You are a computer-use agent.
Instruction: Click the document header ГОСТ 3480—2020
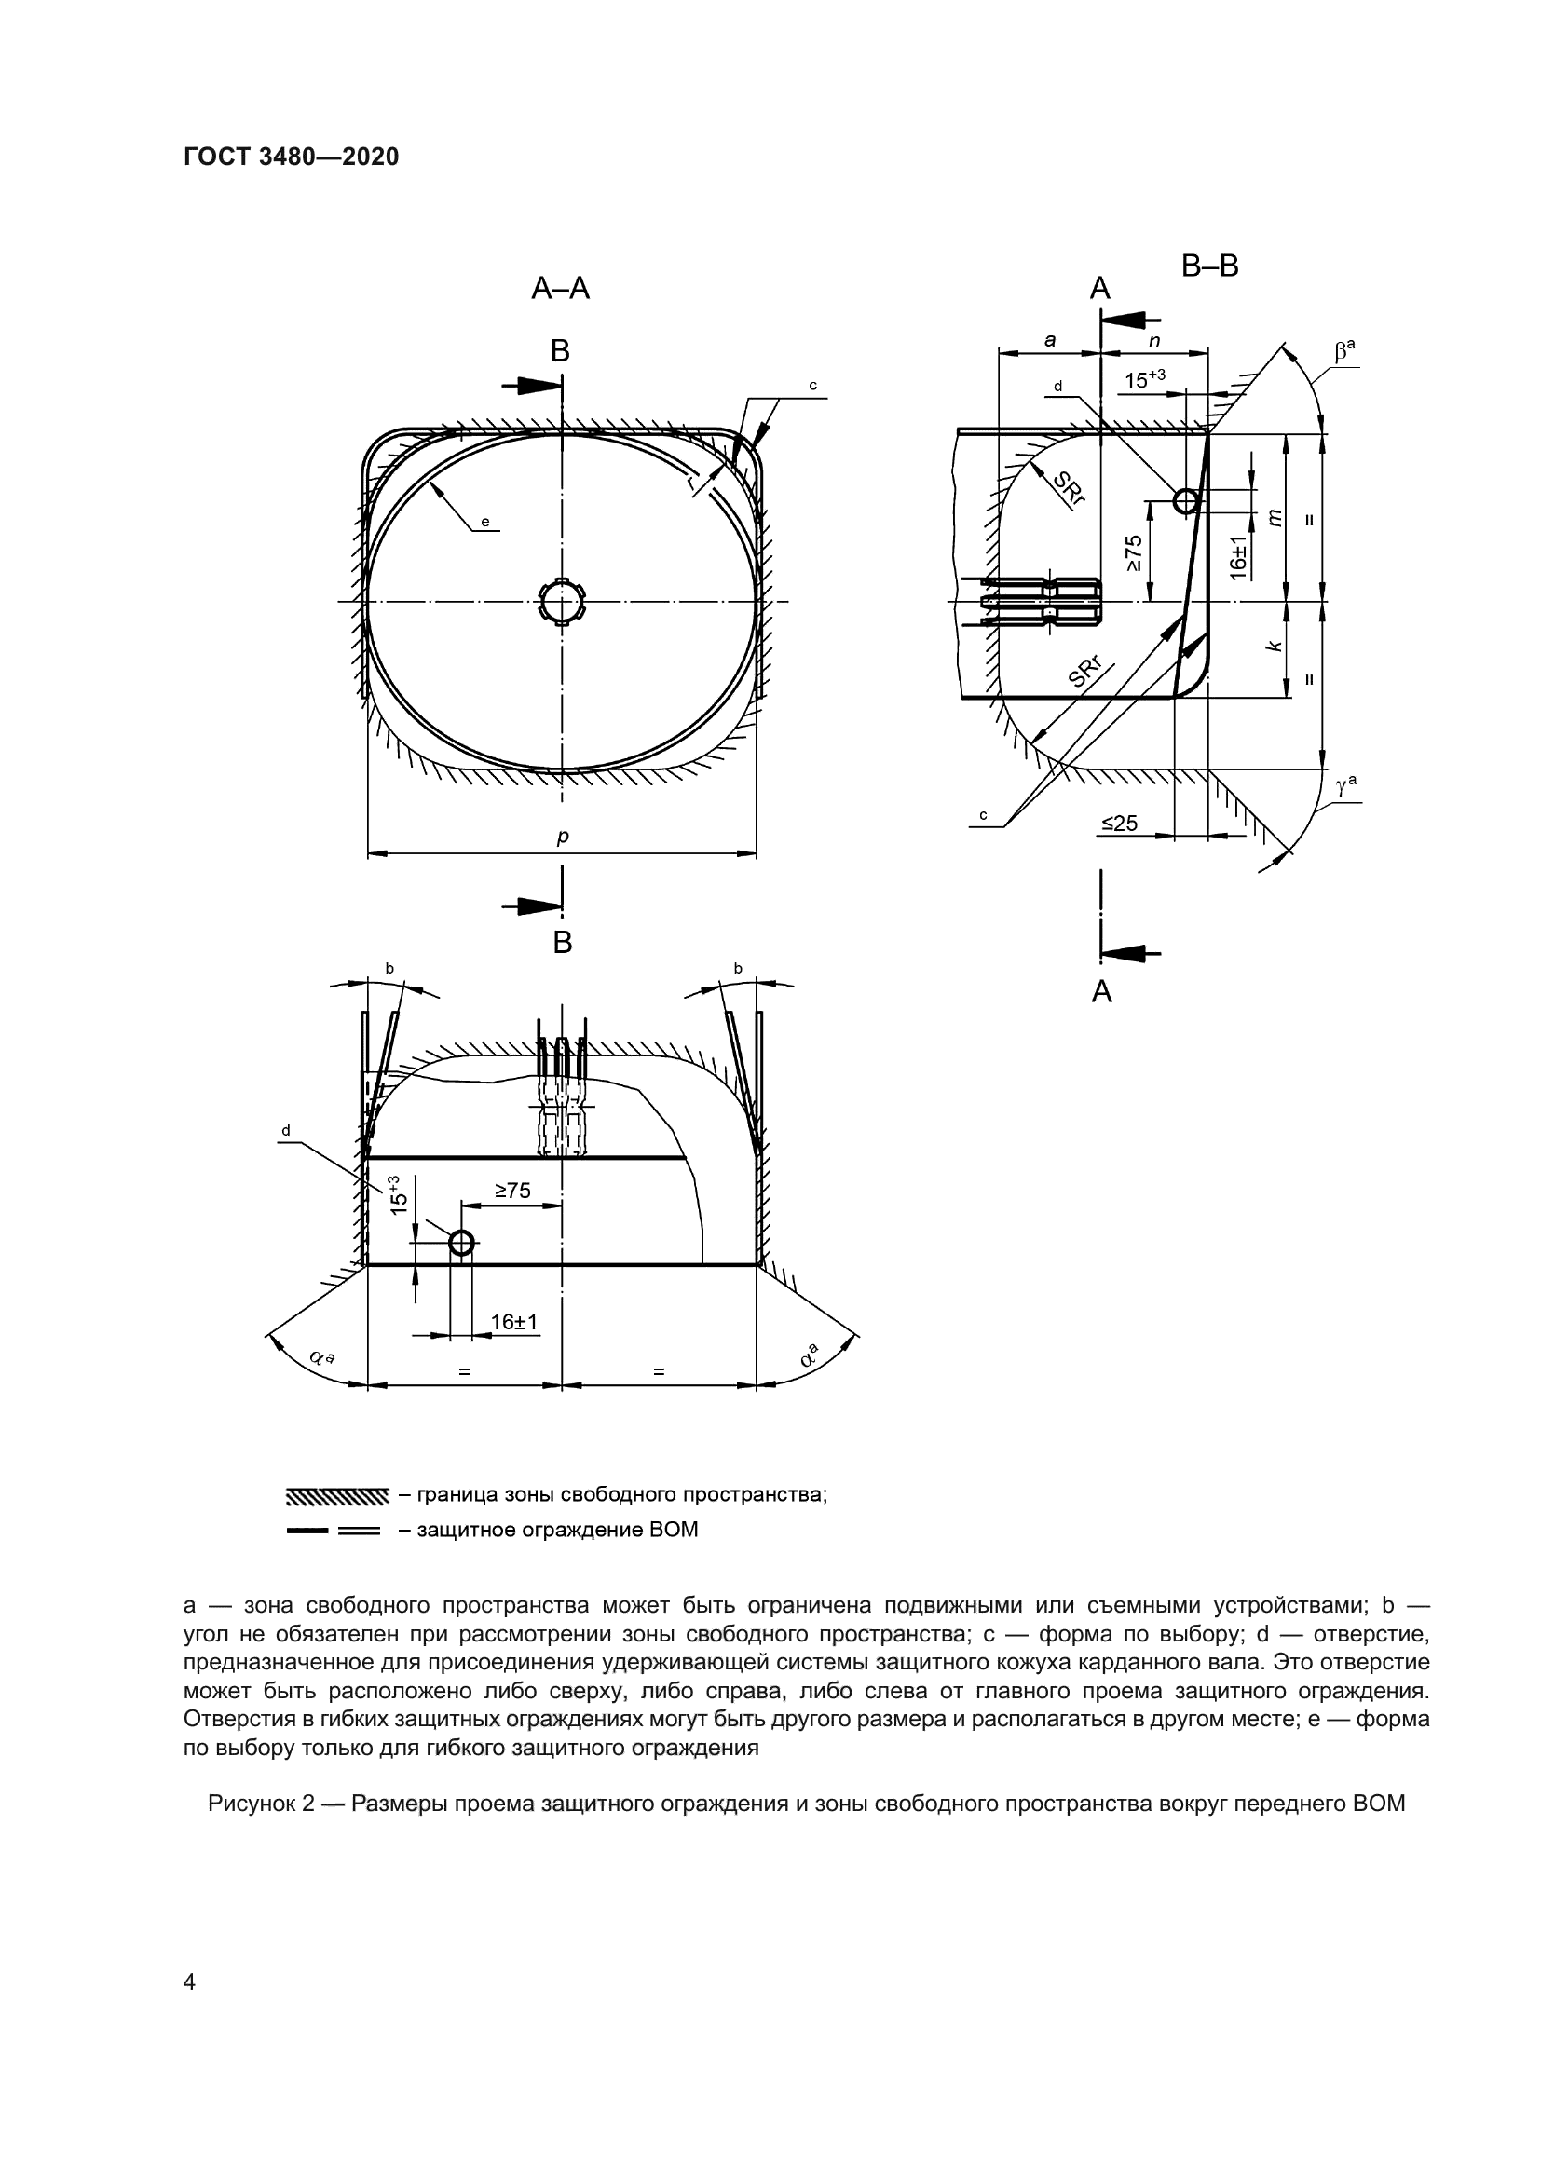[x=292, y=157]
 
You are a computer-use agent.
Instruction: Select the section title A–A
[x=561, y=289]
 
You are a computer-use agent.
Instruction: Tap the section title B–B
[x=1210, y=266]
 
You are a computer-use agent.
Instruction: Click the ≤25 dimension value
[x=1120, y=823]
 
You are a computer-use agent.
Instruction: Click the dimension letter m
[x=1275, y=517]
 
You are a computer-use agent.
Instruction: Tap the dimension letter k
[x=1275, y=646]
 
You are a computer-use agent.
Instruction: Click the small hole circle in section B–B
[x=1186, y=500]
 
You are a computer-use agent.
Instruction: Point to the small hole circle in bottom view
[x=461, y=1243]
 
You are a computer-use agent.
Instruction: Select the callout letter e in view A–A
[x=484, y=521]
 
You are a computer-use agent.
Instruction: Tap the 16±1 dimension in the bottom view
[x=514, y=1322]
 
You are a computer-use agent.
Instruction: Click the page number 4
[x=190, y=1982]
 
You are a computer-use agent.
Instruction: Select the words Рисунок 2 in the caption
[x=260, y=1804]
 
